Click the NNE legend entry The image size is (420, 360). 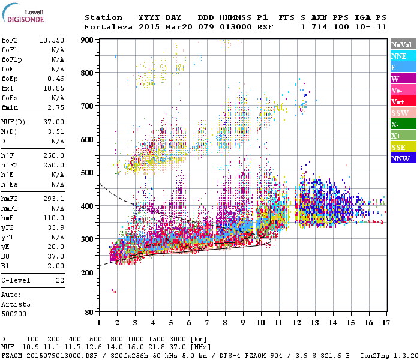click(403, 56)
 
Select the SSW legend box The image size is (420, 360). click(403, 113)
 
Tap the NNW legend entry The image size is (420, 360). click(403, 158)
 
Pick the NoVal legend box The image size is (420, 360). click(403, 44)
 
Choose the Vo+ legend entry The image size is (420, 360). click(403, 101)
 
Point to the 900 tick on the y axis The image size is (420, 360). click(88, 40)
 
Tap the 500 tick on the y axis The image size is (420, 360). click(88, 173)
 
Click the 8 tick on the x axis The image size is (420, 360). click(224, 322)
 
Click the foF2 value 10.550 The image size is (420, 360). click(52, 40)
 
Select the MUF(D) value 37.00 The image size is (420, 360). click(55, 121)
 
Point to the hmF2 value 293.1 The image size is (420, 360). click(55, 198)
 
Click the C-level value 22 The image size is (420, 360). click(60, 280)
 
